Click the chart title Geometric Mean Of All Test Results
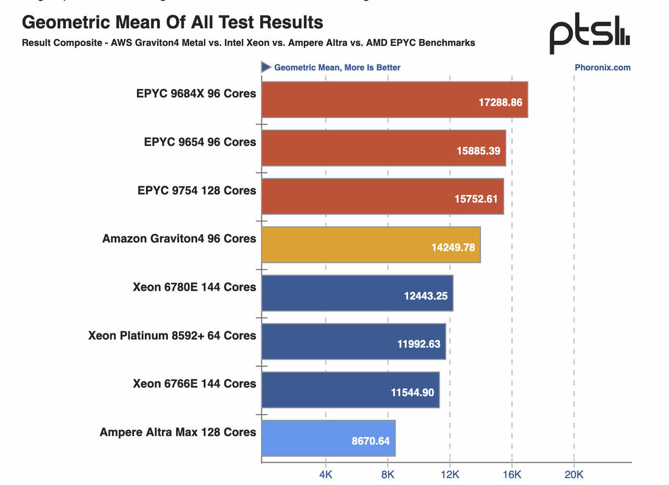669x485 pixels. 172,22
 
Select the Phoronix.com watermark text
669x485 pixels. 602,67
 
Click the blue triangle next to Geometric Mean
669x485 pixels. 266,67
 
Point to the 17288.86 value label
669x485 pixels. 500,102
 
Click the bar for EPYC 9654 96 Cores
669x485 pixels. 383,148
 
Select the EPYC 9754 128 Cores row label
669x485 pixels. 197,190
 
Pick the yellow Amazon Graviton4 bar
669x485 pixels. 371,245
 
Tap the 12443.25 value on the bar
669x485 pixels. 425,296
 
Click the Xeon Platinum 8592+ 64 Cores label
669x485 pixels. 172,336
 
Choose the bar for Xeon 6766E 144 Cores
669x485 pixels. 350,389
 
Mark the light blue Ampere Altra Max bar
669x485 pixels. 328,438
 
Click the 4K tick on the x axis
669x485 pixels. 326,475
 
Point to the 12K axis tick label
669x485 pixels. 449,475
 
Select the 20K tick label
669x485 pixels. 574,475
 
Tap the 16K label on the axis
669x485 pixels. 512,475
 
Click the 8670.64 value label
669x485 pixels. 371,441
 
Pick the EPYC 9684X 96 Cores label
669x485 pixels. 196,94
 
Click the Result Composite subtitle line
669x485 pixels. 248,43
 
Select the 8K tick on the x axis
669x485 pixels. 388,475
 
